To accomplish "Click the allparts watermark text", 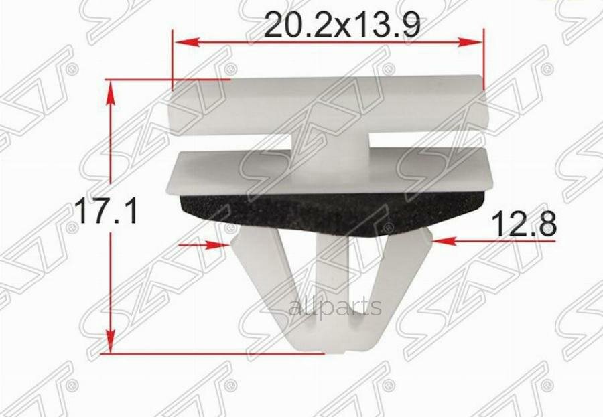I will click(335, 307).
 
